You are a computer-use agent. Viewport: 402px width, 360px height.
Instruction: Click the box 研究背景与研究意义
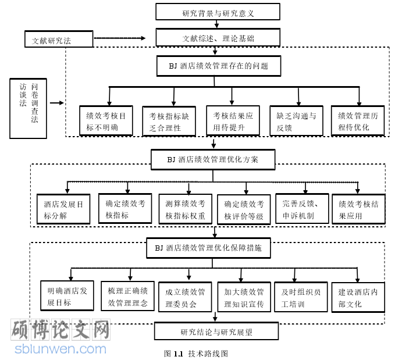coord(218,12)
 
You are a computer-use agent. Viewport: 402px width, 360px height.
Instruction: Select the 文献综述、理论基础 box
coord(218,38)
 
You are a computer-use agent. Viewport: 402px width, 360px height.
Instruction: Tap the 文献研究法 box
coord(59,40)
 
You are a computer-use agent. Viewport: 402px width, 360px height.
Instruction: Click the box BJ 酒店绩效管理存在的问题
coord(218,66)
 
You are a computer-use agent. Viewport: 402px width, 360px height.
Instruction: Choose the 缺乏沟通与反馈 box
coord(296,121)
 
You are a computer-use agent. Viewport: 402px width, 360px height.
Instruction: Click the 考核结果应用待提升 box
coord(232,121)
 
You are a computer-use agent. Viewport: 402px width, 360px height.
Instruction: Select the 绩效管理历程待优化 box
coord(357,121)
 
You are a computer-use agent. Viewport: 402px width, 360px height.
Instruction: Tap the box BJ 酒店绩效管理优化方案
coord(213,159)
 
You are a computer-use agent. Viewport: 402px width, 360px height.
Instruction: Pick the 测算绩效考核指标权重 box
coord(186,209)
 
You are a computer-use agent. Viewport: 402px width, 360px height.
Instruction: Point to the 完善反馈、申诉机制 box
coord(302,209)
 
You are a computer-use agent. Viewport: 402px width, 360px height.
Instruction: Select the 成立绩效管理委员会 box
coord(185,297)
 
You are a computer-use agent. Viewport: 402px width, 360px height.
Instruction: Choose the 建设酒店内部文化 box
coord(358,297)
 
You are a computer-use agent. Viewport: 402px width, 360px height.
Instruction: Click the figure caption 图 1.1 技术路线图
coord(196,352)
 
